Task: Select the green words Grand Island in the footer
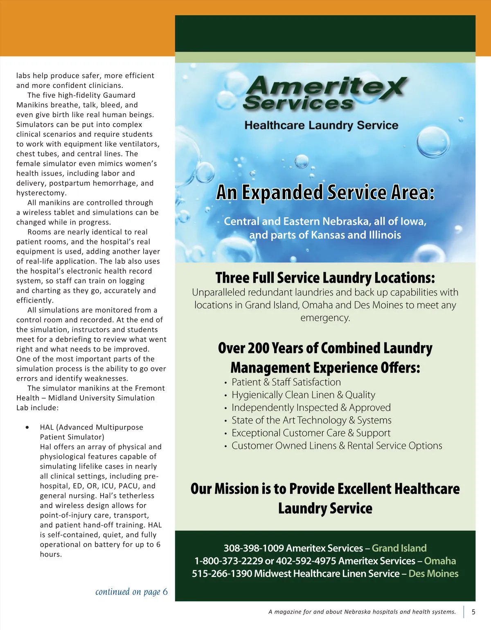pyautogui.click(x=399, y=548)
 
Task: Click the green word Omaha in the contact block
pyautogui.click(x=440, y=561)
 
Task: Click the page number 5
pyautogui.click(x=473, y=612)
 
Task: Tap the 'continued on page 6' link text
pyautogui.click(x=131, y=592)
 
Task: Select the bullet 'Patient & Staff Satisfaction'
pyautogui.click(x=286, y=382)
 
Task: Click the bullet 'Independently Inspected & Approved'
pyautogui.click(x=311, y=407)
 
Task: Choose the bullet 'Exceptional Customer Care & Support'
pyautogui.click(x=311, y=433)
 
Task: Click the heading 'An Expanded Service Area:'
pyautogui.click(x=325, y=192)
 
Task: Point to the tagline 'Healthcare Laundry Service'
pyautogui.click(x=321, y=125)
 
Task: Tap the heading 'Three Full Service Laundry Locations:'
pyautogui.click(x=325, y=278)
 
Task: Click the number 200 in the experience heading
pyautogui.click(x=259, y=348)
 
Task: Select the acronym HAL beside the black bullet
pyautogui.click(x=47, y=427)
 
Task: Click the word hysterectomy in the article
pyautogui.click(x=41, y=193)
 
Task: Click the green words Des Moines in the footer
pyautogui.click(x=433, y=574)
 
